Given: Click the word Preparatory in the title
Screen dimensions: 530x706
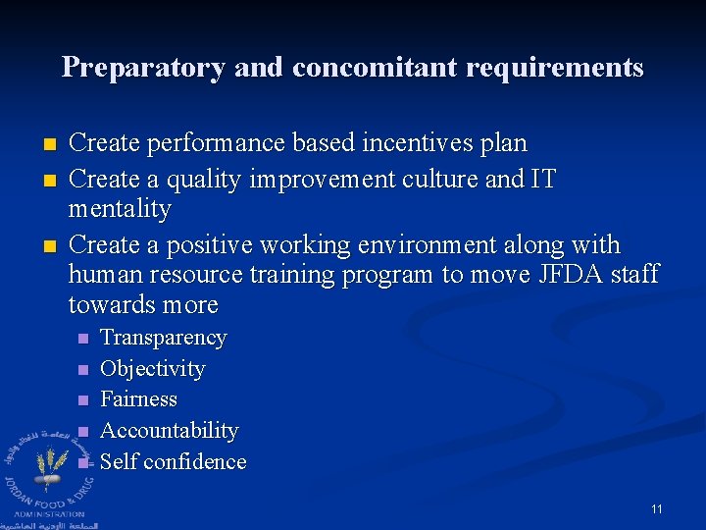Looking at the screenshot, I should click(143, 67).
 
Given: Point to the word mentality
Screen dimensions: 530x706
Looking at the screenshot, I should click(120, 209).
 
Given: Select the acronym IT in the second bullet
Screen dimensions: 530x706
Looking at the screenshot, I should click(542, 179).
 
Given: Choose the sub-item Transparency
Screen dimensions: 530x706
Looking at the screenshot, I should click(163, 338).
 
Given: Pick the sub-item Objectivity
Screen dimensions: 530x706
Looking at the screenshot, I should click(152, 369).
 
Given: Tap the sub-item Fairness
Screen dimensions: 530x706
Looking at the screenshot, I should click(138, 399).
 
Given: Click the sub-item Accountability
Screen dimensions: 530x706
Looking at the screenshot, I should click(169, 431).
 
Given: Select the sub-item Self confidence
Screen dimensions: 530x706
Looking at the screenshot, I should click(173, 461).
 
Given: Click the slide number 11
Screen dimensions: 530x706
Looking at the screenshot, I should click(656, 509).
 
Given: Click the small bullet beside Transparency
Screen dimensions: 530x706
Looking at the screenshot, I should click(82, 339).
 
